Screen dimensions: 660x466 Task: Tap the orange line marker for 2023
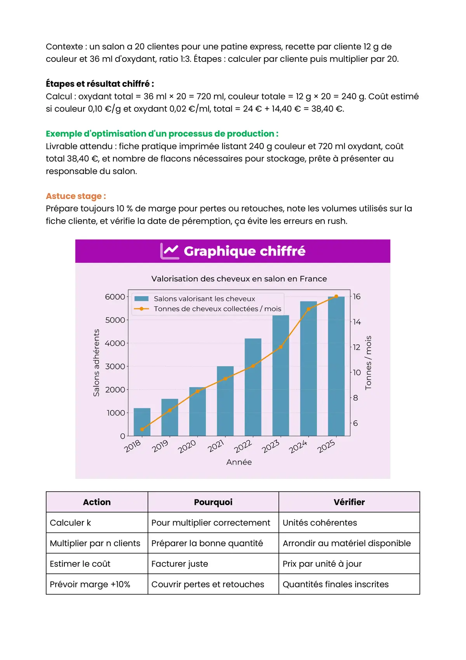tap(281, 347)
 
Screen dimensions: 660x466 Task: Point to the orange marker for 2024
tap(309, 309)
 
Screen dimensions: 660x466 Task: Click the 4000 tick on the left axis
tap(115, 343)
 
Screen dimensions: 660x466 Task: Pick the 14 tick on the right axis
tap(357, 322)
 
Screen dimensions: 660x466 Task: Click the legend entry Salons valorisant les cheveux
tap(204, 299)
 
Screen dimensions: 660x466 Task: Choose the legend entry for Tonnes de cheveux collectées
tap(217, 309)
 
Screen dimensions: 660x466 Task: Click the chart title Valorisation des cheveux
tap(239, 279)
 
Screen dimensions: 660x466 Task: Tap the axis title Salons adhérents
tap(96, 363)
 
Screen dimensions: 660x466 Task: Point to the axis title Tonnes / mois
tap(368, 363)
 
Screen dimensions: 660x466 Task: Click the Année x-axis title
tap(239, 462)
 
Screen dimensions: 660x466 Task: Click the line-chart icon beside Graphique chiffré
tap(169, 251)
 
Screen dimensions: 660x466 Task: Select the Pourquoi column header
tap(213, 502)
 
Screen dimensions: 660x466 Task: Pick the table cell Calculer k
tap(70, 523)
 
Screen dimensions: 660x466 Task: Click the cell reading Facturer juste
tap(180, 564)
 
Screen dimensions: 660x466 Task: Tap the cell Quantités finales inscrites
tap(336, 585)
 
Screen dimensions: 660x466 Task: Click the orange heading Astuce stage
tap(76, 196)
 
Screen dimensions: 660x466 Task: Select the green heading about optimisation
tap(162, 134)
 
